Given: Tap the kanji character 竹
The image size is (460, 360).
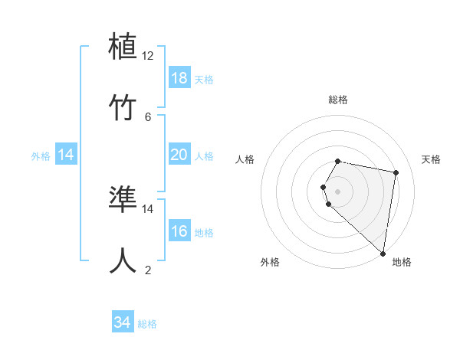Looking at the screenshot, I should coord(123,108).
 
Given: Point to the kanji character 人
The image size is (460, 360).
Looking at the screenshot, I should coord(123,261).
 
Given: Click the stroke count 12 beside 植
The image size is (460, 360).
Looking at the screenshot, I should coord(148,56).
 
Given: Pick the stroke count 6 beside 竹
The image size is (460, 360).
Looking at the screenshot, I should coord(148,117).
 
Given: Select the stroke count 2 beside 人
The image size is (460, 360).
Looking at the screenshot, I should coord(148,270).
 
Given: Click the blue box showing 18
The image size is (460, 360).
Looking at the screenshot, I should coord(179,77).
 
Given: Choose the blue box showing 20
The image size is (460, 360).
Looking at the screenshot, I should coord(179,155).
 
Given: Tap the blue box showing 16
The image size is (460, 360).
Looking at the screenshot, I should coord(179,231).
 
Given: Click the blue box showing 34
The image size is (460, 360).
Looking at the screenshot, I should coord(123,322).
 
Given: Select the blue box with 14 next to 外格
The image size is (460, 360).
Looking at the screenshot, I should coord(66,155).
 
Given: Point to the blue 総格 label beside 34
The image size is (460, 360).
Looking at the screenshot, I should coord(147,324).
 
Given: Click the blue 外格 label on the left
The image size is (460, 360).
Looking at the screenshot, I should coord(41,156).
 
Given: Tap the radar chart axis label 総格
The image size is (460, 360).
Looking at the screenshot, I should coord(338,100).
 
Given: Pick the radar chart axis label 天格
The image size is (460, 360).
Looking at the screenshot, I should coord(432,159).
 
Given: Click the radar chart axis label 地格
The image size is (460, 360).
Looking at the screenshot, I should coord(402,263).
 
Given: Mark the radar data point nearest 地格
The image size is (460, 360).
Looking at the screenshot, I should coord(383,253).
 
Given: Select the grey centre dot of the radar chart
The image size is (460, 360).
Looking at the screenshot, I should coord(338,190).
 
